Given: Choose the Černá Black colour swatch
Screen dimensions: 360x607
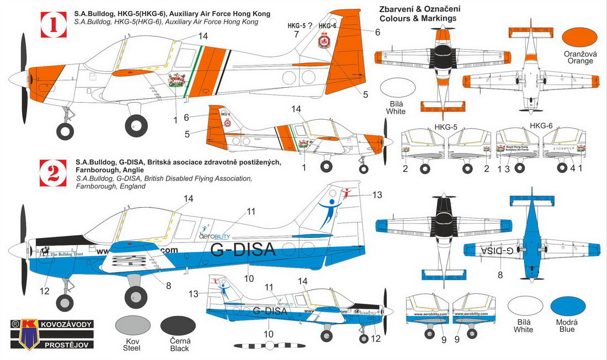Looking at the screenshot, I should pyautogui.click(x=178, y=326).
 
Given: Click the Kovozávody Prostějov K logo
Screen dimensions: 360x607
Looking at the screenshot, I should pyautogui.click(x=23, y=335).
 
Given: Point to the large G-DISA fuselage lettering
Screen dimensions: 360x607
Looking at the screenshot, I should pyautogui.click(x=243, y=250).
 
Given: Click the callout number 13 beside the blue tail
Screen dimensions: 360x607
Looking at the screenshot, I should pyautogui.click(x=377, y=194).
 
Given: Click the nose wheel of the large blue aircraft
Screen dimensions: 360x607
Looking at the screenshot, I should pyautogui.click(x=65, y=302).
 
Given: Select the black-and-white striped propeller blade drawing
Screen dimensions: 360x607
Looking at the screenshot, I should pyautogui.click(x=269, y=346).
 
